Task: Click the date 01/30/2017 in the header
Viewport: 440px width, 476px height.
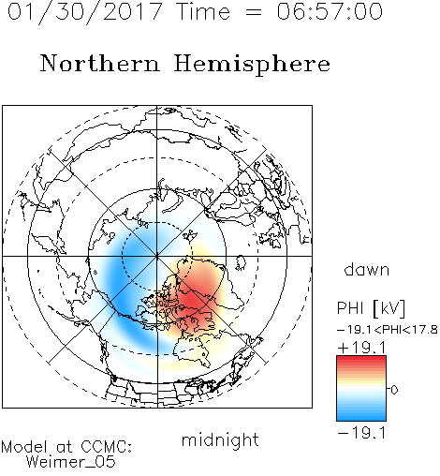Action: tap(85, 12)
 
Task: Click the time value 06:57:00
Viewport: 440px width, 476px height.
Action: tap(330, 12)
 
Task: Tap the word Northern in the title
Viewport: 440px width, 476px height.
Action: tap(100, 63)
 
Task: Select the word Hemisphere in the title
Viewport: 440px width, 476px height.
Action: tap(252, 65)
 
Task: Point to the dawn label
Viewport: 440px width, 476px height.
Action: tap(367, 269)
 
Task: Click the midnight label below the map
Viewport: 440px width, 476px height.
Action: tap(220, 439)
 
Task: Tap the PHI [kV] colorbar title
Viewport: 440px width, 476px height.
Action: tap(371, 308)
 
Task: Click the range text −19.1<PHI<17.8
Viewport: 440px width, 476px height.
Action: tap(388, 330)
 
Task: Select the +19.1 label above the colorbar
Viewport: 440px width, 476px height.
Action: tap(362, 348)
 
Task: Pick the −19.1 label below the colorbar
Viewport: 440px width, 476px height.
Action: tap(362, 433)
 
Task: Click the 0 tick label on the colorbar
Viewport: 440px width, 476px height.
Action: tap(394, 390)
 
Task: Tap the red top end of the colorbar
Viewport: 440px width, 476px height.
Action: tap(361, 359)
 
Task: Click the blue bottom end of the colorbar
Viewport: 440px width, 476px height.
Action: tap(361, 418)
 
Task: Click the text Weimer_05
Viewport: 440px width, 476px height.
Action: tap(71, 462)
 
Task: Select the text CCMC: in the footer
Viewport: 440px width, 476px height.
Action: tap(107, 447)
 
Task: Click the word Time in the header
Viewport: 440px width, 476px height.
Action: tap(203, 12)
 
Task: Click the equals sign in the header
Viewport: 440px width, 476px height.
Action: tap(254, 12)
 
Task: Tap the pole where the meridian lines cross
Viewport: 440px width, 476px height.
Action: tap(156, 256)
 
